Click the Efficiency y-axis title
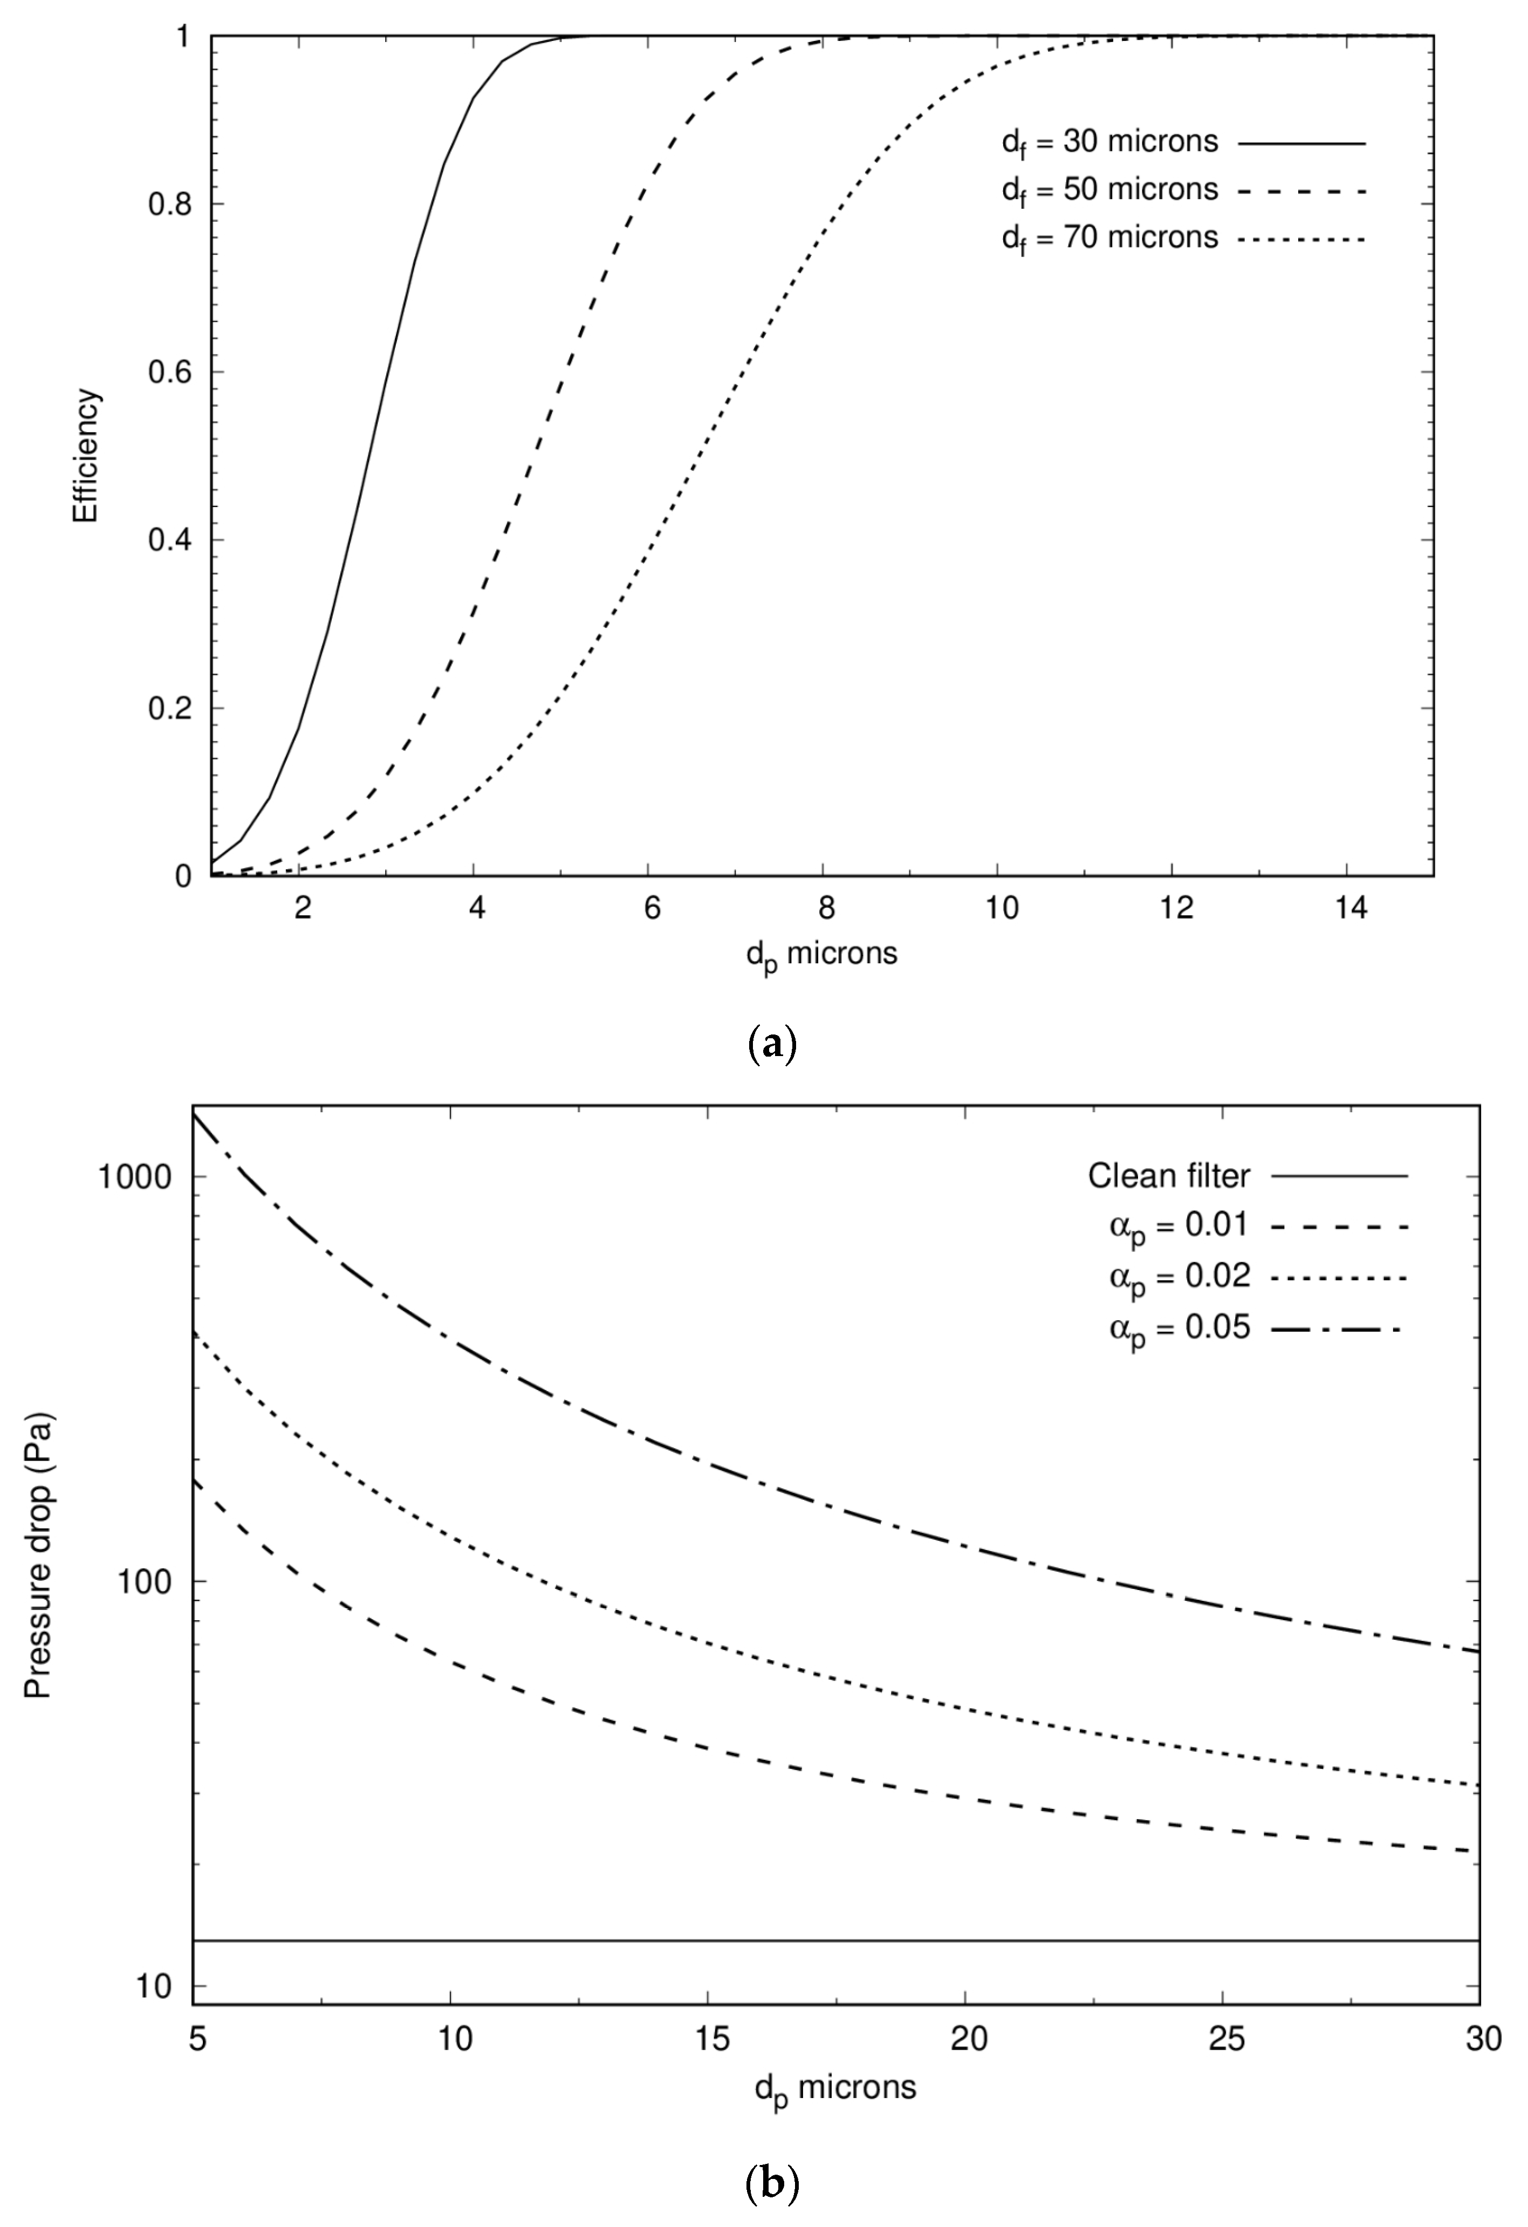pos(86,455)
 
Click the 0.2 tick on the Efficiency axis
pos(169,708)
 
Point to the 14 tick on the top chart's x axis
pos(1351,908)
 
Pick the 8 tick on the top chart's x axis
pos(826,908)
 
